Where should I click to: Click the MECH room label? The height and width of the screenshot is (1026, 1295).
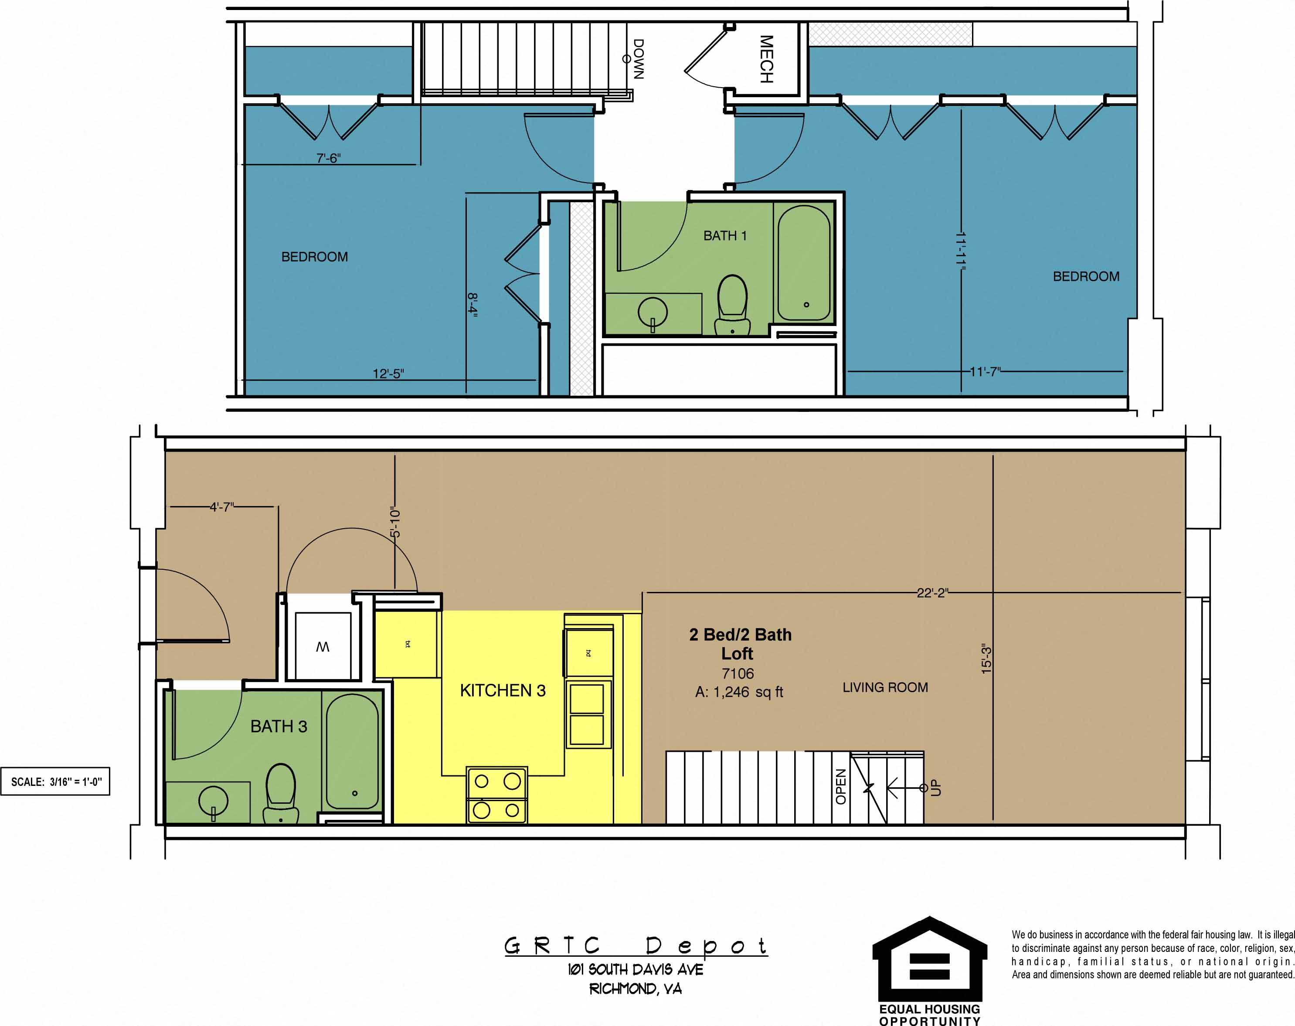(x=766, y=59)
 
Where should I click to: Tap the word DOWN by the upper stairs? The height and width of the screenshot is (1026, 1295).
(x=639, y=59)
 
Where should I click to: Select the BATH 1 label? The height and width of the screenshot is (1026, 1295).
(x=725, y=235)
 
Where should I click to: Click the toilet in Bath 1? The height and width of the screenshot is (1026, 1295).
(x=732, y=305)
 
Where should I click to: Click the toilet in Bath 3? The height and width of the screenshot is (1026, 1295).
(x=281, y=793)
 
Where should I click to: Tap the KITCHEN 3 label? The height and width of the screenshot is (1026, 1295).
(x=503, y=691)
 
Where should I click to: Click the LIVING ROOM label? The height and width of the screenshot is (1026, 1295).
(x=885, y=687)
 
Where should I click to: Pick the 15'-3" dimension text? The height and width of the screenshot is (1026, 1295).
(x=986, y=659)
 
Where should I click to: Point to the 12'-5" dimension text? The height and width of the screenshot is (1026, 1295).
(x=388, y=374)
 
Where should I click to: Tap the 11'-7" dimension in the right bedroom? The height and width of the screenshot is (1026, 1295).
(x=985, y=372)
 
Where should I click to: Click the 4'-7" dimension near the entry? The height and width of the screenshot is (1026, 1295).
(x=221, y=507)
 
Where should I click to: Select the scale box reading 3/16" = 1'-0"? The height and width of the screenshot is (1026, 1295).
(x=56, y=781)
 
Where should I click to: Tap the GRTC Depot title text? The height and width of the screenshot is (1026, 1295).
(x=636, y=946)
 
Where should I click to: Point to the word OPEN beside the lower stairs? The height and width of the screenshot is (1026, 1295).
(x=841, y=787)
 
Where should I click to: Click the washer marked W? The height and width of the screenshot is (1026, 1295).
(x=323, y=646)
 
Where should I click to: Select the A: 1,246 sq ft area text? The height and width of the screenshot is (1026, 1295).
(x=739, y=692)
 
